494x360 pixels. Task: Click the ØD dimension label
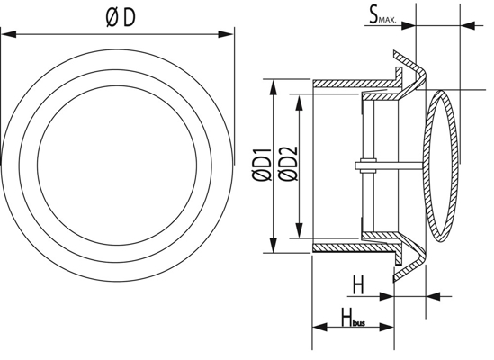click(121, 17)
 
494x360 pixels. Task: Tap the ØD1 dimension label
click(262, 165)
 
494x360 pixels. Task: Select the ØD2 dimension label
click(288, 163)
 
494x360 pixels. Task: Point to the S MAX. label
click(382, 16)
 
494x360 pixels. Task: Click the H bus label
click(353, 317)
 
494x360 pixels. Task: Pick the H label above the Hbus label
click(357, 284)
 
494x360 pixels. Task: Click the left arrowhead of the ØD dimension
click(8, 34)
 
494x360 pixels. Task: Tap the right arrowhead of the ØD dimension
click(226, 34)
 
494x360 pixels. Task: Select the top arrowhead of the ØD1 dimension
click(273, 87)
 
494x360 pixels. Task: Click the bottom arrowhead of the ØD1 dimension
click(273, 246)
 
